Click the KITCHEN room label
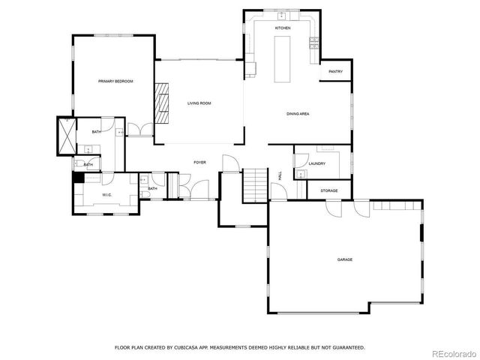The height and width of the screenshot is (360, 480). click(x=282, y=28)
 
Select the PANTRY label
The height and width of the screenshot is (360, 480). click(x=336, y=72)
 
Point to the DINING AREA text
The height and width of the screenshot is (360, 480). click(x=298, y=114)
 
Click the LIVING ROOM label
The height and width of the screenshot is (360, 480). click(x=199, y=103)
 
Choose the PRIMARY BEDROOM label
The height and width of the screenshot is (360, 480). click(x=115, y=81)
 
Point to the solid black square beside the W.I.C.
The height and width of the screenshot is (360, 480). click(x=77, y=178)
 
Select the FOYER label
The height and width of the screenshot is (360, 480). click(x=200, y=162)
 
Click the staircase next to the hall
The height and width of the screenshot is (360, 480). click(x=255, y=184)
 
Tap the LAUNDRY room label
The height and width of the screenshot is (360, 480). click(x=316, y=163)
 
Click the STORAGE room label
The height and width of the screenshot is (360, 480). click(x=329, y=190)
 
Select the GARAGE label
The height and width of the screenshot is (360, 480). click(x=344, y=259)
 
